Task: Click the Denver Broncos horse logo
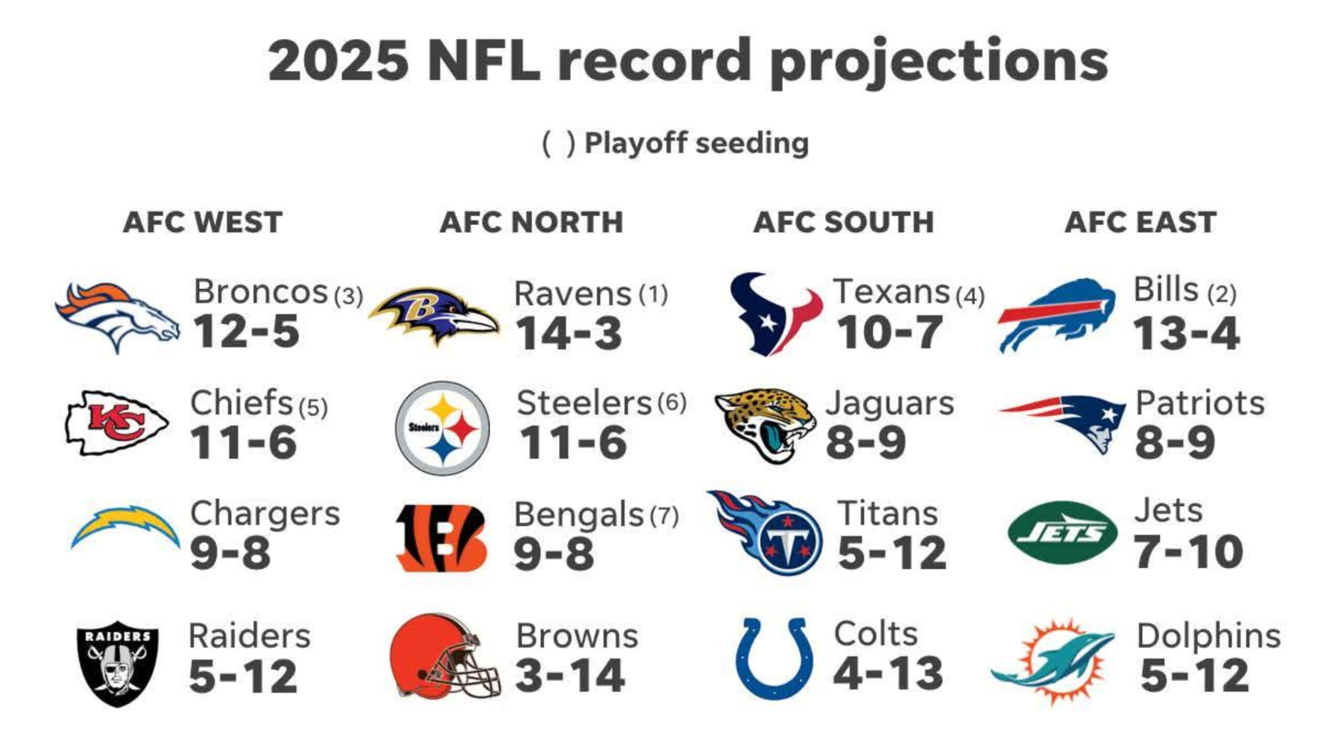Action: click(117, 316)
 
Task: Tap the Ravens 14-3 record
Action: click(569, 333)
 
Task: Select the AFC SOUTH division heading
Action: click(843, 222)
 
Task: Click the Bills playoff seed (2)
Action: click(1221, 294)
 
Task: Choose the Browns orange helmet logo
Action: click(444, 656)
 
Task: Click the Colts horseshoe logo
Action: click(775, 658)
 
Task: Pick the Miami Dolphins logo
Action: click(1053, 661)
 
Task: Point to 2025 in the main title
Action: click(338, 60)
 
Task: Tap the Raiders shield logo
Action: click(118, 663)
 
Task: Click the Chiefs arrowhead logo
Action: click(117, 423)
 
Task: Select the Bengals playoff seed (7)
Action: click(664, 516)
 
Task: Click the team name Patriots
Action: click(1200, 404)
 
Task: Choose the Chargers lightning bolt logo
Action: click(125, 527)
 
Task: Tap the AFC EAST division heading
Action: click(1140, 222)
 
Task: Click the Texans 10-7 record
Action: click(889, 332)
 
